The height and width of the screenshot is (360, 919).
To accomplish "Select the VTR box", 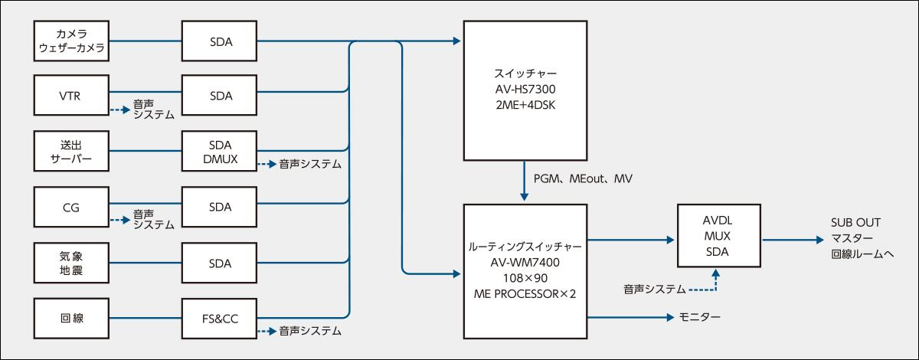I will click(74, 97).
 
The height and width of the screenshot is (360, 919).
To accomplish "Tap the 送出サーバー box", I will click(74, 152).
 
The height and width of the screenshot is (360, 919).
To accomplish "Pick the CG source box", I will click(74, 207).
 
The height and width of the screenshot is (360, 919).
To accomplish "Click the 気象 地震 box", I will click(74, 262).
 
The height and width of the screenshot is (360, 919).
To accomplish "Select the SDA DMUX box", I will click(220, 152).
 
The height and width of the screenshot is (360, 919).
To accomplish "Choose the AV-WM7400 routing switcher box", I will click(525, 270).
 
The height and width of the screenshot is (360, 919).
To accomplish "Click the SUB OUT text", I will click(856, 223).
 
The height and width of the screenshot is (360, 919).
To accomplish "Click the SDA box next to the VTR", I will click(220, 97).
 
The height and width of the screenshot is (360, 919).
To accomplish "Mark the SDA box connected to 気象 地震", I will click(220, 262).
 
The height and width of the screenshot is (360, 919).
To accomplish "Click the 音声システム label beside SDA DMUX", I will click(309, 164).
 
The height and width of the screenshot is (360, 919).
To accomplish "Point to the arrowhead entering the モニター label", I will click(668, 316).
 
